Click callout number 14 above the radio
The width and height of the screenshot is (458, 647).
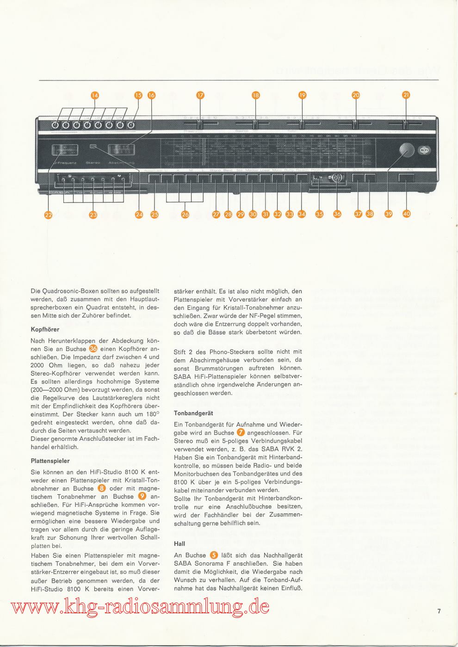[x=95, y=95]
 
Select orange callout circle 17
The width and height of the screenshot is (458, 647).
[x=200, y=95]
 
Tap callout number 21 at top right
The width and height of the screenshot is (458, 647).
[x=406, y=95]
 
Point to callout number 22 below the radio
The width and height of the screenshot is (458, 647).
[x=49, y=214]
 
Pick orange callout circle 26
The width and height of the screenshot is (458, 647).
[x=186, y=214]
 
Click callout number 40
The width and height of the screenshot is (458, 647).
[x=406, y=214]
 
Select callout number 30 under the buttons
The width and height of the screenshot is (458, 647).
[x=253, y=214]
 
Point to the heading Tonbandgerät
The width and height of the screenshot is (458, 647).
[x=193, y=413]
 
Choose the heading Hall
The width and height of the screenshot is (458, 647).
[x=179, y=544]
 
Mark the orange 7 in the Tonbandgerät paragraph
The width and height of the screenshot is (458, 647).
[x=241, y=432]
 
